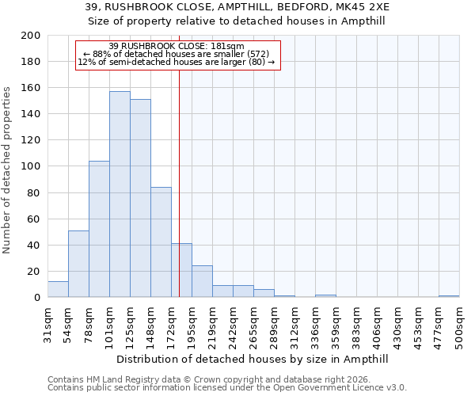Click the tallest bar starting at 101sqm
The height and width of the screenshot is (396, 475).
coord(120,194)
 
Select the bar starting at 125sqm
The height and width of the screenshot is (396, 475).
coord(140,198)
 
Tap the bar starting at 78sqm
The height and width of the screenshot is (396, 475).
coord(99,229)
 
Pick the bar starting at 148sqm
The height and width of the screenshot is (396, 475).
coord(161,242)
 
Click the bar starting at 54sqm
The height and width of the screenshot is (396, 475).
coord(78,264)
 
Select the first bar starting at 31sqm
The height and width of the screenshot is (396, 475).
coord(58,289)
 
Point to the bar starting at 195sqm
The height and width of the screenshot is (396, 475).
coord(202,281)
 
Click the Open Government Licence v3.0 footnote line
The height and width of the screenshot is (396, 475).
coord(227,388)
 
